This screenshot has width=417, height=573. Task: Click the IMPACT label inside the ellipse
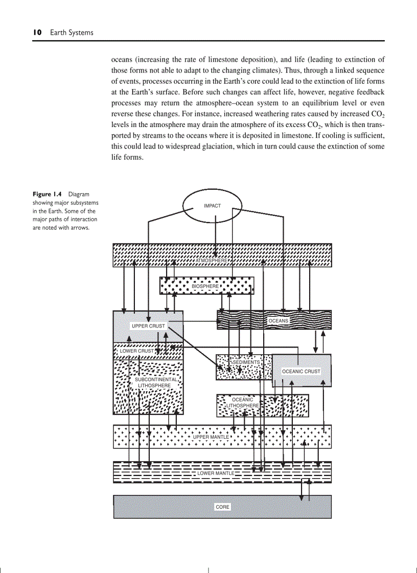(x=212, y=206)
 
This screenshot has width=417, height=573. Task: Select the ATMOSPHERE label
(x=212, y=261)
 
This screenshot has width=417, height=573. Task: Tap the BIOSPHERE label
(x=205, y=287)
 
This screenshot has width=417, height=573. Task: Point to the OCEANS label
(x=279, y=321)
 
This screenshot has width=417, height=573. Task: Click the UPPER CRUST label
(x=148, y=326)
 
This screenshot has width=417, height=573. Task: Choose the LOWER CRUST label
(x=136, y=351)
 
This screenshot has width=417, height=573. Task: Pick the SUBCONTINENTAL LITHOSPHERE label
(x=155, y=383)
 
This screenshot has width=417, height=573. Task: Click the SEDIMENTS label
(x=246, y=362)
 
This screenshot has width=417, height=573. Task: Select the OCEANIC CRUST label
(x=301, y=371)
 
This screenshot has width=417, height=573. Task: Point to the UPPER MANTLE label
(x=211, y=437)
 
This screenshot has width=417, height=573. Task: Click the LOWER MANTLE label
(x=216, y=474)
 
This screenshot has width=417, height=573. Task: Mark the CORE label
(x=222, y=507)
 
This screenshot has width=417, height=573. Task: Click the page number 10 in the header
(x=37, y=32)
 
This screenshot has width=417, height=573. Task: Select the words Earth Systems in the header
(x=72, y=32)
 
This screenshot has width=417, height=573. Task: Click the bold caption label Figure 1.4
(x=47, y=194)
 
